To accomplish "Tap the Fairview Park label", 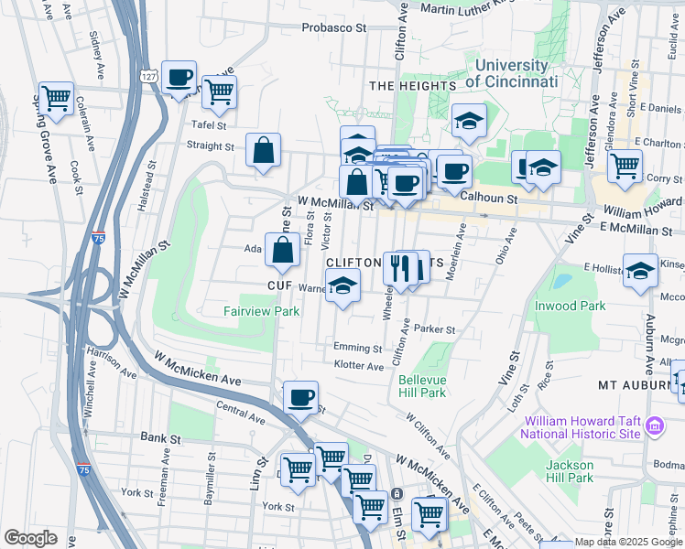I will click(x=261, y=311).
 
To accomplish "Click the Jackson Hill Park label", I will click(x=570, y=471).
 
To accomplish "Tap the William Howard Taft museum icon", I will click(x=655, y=425).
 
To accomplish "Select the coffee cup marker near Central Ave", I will click(x=300, y=397).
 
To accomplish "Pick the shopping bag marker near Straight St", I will click(x=263, y=151).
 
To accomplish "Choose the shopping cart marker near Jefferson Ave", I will click(x=625, y=167).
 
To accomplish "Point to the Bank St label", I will click(x=159, y=438).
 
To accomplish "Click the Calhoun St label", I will click(x=489, y=198).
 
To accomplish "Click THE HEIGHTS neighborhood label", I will click(x=412, y=86).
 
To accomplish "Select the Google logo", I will click(x=30, y=538).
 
